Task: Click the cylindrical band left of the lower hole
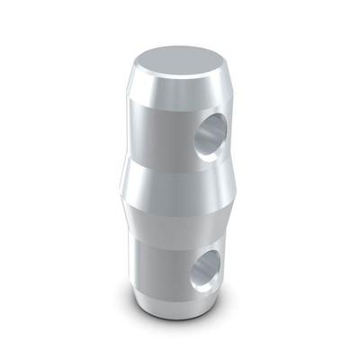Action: click(157, 261)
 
